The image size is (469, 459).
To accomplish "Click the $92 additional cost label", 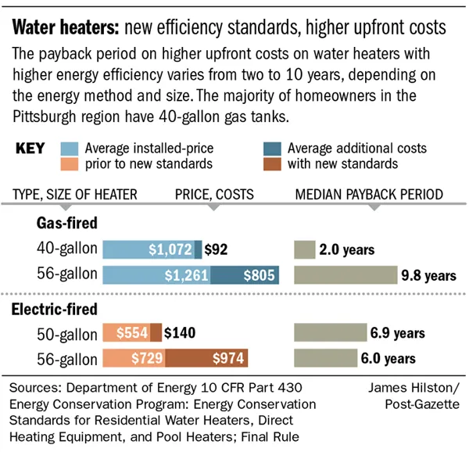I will click(x=217, y=250).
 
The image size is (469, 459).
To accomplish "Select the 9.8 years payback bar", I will click(x=345, y=275).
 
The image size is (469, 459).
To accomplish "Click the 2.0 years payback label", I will click(x=347, y=250).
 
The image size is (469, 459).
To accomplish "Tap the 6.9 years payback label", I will click(x=397, y=333).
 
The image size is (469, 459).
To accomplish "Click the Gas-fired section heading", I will click(x=66, y=223).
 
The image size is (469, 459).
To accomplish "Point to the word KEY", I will click(x=30, y=149).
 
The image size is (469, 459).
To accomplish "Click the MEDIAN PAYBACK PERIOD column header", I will click(x=368, y=194).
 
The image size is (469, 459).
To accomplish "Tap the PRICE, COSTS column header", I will click(x=212, y=194).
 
